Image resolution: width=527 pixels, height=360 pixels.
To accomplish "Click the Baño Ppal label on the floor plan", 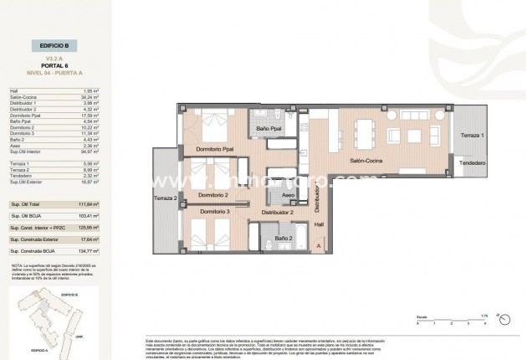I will tap(269, 128).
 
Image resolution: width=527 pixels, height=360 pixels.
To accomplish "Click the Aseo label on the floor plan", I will tap(289, 195).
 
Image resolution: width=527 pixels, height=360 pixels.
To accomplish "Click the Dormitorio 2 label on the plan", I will tap(212, 195).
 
